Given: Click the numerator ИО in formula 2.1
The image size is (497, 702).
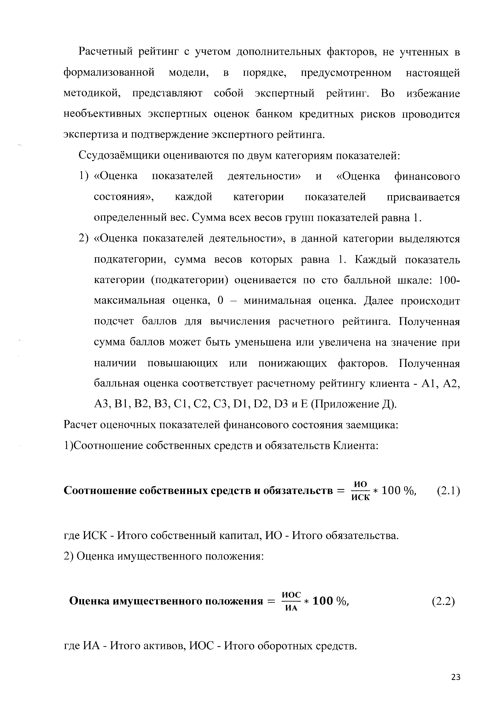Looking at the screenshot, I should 360,484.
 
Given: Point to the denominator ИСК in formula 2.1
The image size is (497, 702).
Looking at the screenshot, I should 360,497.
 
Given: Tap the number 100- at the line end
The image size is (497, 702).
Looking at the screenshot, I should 449,280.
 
